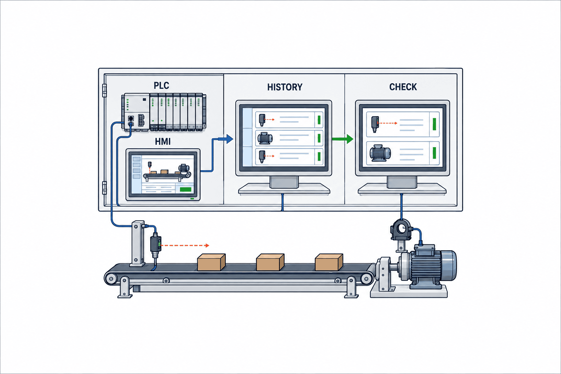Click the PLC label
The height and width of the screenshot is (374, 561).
(x=161, y=86)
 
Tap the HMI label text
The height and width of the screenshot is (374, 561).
(x=163, y=142)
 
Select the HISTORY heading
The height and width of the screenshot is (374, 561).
(x=285, y=87)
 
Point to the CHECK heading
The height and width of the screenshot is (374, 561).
(x=403, y=87)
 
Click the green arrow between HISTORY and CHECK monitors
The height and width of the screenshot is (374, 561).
(x=343, y=139)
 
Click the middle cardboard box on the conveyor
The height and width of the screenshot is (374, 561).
(x=270, y=262)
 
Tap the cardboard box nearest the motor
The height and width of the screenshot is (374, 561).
(x=329, y=262)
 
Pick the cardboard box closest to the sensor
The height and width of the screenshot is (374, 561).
(x=211, y=262)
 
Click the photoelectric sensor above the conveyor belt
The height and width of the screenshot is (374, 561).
(x=156, y=245)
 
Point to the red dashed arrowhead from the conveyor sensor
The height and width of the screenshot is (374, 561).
(x=207, y=245)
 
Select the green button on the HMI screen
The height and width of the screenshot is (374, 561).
(x=186, y=190)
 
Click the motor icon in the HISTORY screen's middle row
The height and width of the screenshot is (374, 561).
(x=265, y=138)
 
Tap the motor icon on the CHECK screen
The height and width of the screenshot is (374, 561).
(x=380, y=153)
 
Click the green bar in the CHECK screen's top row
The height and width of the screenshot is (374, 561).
(x=434, y=124)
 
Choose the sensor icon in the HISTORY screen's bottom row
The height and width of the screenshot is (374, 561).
(x=262, y=157)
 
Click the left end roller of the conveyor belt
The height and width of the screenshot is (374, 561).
(x=111, y=278)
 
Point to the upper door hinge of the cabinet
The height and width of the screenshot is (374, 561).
(x=104, y=91)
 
